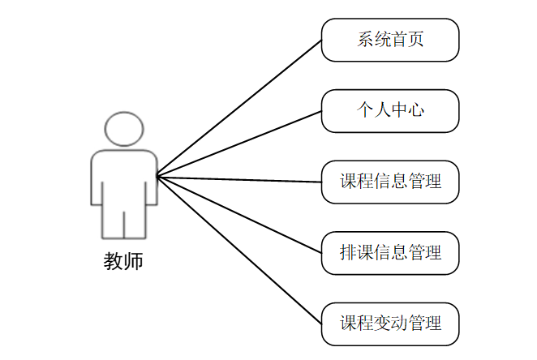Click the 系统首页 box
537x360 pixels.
(390, 40)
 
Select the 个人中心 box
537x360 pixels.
(390, 111)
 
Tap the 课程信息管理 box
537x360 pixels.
(390, 182)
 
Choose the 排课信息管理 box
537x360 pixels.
(390, 253)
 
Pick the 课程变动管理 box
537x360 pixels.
(390, 324)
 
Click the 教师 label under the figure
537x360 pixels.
(123, 262)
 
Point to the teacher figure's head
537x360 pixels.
(124, 128)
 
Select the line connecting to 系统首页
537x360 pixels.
(239, 108)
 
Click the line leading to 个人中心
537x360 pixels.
(239, 144)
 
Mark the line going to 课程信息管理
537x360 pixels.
(239, 179)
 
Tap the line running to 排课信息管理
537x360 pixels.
(239, 215)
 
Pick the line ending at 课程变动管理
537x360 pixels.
(239, 250)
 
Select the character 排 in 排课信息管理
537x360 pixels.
(349, 253)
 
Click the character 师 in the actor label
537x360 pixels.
(133, 262)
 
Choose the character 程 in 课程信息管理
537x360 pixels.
(365, 182)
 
